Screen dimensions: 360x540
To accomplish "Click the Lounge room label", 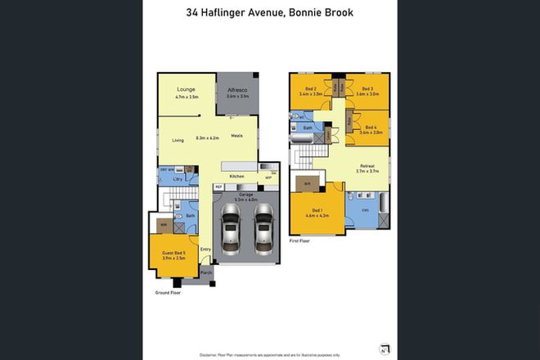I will coord(185,89).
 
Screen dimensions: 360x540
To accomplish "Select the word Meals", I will coord(236,136).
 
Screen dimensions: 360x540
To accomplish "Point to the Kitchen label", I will coord(236,177).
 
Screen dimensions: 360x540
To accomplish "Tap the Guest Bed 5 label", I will coord(173,253).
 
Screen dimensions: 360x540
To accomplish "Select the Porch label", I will coord(206,272).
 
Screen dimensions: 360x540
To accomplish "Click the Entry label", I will coord(205,249).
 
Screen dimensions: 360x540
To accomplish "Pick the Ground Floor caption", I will coord(169,292).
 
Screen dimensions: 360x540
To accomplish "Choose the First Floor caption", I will coord(300,241).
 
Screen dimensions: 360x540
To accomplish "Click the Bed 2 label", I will coord(310,88).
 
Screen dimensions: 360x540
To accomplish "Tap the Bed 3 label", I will coord(366,88).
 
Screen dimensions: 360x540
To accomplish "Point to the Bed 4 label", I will coord(371,127).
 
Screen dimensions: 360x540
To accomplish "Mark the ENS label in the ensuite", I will coord(366,209).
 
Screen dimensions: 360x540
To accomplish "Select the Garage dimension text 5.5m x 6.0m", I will coord(246,200).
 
